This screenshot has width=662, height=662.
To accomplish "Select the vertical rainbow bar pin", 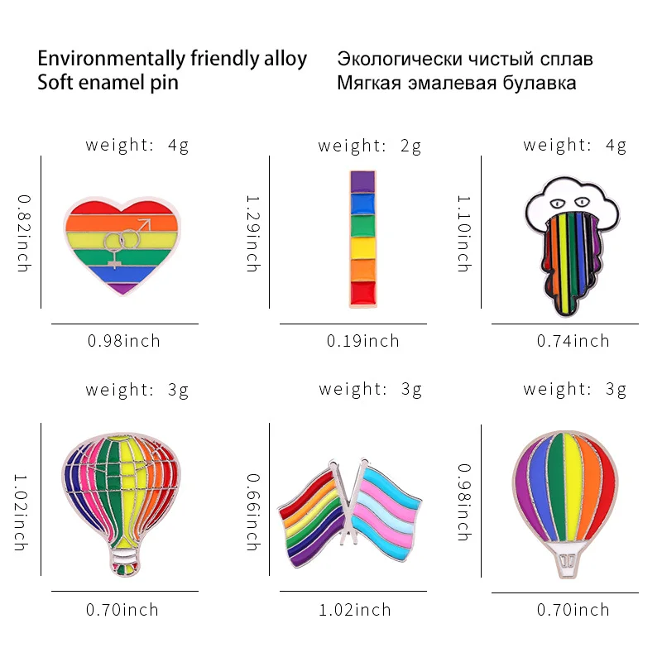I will point(363,239).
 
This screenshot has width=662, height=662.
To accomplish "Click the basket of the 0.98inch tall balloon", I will point(568,560).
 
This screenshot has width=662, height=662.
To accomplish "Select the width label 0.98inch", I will point(124,341).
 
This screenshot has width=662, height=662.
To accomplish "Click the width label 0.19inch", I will point(362,341).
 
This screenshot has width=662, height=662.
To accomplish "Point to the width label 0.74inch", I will point(573,341).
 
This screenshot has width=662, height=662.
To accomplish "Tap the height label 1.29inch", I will point(252,233).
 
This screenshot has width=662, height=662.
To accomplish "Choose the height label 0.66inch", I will point(252,512).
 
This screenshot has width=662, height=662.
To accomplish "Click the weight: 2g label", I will point(370,146).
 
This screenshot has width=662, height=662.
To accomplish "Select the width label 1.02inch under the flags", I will point(355,611).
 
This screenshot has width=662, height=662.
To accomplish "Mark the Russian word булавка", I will point(537,83).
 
